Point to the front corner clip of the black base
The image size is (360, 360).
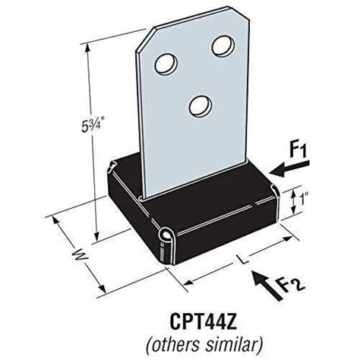pos(167,242)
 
